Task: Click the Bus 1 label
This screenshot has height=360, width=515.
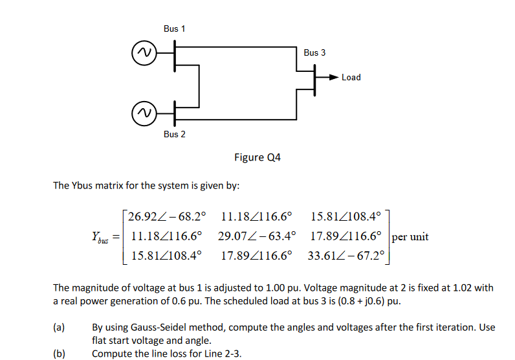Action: (175, 28)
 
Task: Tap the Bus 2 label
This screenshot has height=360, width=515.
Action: (175, 134)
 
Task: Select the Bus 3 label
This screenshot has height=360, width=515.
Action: (315, 52)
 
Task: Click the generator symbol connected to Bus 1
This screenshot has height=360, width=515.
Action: (143, 52)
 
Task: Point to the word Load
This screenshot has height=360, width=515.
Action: (351, 77)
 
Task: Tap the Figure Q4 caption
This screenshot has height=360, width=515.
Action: (257, 157)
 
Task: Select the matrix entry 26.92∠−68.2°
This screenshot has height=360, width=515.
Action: (167, 216)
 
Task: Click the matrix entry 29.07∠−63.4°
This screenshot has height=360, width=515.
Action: (257, 236)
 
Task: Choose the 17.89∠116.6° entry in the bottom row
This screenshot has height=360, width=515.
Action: (257, 255)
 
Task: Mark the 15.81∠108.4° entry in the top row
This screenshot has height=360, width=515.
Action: (346, 216)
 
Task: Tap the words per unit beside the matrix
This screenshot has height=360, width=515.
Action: (410, 236)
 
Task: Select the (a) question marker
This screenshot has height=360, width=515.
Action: (59, 328)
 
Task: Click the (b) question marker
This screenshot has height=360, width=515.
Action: (59, 354)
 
